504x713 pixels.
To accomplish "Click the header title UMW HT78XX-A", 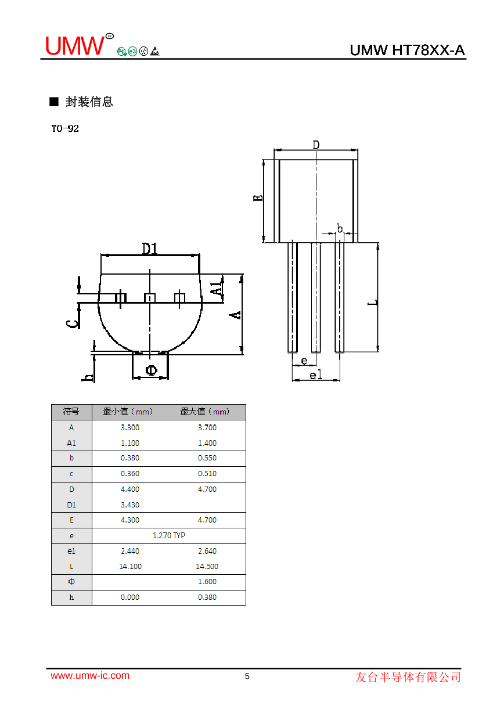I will point(407,51).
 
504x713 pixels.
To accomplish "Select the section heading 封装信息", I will point(89,102).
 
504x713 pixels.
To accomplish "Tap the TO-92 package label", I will point(65,129).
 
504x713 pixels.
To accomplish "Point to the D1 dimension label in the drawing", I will point(150,249).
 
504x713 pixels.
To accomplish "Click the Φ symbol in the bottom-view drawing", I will point(150,370).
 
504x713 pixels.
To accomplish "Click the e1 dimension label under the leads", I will point(315,375).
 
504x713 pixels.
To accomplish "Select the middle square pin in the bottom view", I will point(150,298).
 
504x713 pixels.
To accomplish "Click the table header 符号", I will point(71,412).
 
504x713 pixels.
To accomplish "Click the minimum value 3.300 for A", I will point(130,427).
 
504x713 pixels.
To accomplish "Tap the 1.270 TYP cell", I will point(168,535).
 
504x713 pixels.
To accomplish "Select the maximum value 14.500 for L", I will point(207,566).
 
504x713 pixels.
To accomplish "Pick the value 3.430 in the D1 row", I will point(130,505).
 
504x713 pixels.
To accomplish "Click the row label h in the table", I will point(71,597).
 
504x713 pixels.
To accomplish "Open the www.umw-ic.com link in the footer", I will point(90,675).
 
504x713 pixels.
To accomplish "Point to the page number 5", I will point(247,676).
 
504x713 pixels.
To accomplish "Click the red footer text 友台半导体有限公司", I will point(408,677).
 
